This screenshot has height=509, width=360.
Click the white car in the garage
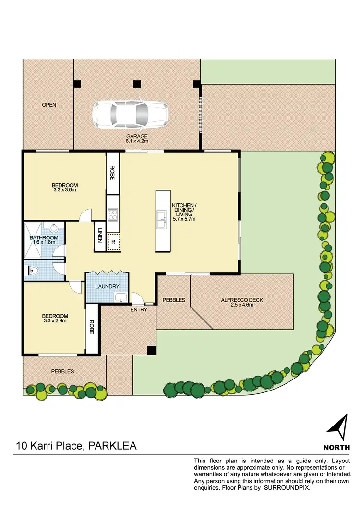click(131, 115)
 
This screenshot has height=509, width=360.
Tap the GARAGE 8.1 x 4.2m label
click(137, 139)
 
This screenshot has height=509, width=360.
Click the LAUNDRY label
click(107, 287)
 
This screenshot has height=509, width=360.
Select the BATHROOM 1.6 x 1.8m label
click(44, 240)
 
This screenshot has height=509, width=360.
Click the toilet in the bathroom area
click(34, 271)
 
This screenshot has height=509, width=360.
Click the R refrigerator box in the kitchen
click(113, 242)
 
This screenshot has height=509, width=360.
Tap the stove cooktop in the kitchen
click(113, 215)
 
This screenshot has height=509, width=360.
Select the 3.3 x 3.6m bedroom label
click(64, 188)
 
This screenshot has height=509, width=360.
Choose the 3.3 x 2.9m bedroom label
click(55, 319)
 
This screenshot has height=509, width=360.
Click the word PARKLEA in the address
click(111, 446)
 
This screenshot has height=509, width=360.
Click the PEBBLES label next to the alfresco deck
click(174, 300)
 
